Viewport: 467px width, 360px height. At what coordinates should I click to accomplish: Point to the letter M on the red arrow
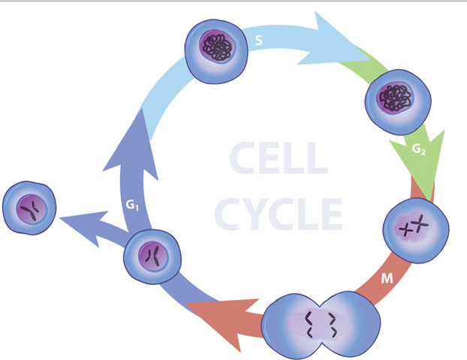pos(387,280)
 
